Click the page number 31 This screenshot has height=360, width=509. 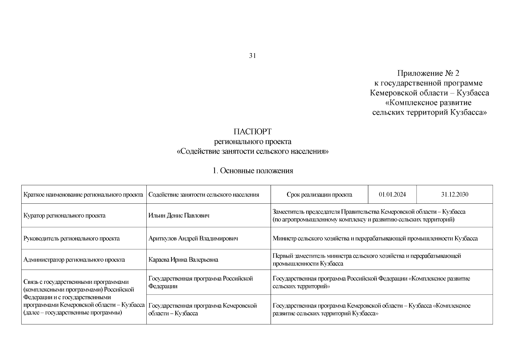[252, 56]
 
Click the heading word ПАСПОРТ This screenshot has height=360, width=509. [252, 132]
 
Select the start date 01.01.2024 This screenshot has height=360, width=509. [392, 195]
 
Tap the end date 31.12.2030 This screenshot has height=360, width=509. [454, 195]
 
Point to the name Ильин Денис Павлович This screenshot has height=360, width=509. [179, 216]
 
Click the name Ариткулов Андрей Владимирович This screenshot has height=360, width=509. [193, 238]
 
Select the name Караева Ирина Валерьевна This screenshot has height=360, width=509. [183, 260]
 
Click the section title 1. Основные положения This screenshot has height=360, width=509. [253, 171]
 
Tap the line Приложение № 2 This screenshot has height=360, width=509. [428, 73]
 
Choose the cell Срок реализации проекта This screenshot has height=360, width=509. [319, 195]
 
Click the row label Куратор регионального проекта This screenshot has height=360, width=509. [64, 216]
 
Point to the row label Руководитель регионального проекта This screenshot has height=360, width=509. [71, 238]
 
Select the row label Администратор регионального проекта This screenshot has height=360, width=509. [74, 260]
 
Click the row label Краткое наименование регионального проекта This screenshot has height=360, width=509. [83, 195]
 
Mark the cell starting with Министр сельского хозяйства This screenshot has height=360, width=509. [375, 238]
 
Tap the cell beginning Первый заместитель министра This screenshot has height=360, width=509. [367, 260]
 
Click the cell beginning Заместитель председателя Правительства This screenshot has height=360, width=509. [369, 216]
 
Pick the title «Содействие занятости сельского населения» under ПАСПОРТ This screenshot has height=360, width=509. [253, 151]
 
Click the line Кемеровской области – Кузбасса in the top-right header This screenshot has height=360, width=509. [429, 93]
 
